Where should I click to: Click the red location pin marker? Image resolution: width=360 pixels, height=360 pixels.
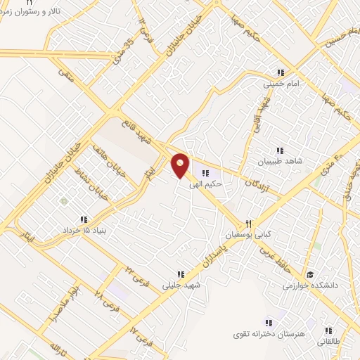pos(181,165)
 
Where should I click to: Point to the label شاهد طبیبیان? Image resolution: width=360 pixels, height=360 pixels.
pos(280,161)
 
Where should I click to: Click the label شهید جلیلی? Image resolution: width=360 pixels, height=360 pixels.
pos(181,285)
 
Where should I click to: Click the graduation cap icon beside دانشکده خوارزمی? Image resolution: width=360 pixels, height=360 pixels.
pos(310,275)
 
